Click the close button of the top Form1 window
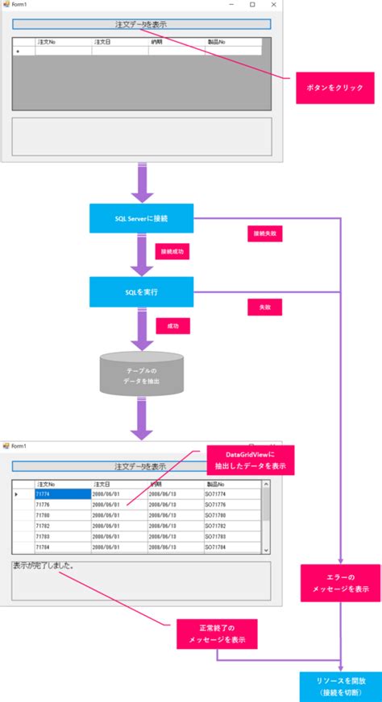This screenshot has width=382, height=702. coord(272,5)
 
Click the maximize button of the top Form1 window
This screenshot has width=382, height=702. coord(252,5)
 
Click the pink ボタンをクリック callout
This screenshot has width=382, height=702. coord(328,86)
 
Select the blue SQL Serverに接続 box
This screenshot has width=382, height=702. coord(142,218)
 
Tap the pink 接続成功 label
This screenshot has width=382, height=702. coord(172,252)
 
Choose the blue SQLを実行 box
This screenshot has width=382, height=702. coord(142,292)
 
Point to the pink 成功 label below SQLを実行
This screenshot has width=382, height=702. coord(172,326)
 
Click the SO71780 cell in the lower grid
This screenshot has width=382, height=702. coord(231,515)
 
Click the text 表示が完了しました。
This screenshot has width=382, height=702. coord(45,566)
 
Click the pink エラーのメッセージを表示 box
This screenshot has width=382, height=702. coord(341,583)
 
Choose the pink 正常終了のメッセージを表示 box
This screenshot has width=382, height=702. coord(218,634)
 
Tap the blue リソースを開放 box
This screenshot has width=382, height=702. coord(341,686)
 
